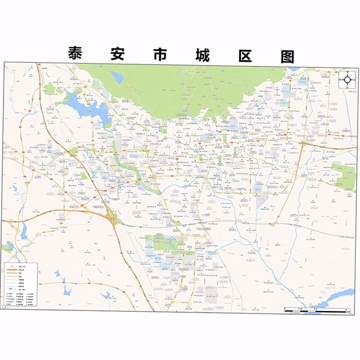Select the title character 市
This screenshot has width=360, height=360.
[x=158, y=54]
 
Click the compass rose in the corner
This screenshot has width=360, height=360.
[x=347, y=80]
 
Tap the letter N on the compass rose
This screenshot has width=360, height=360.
[x=347, y=72]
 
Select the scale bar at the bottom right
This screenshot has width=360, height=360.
[x=317, y=309]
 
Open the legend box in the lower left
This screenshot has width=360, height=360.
[x=21, y=284]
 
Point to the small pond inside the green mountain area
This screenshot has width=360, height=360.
[x=117, y=77]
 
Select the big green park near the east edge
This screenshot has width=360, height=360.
[x=346, y=176]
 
